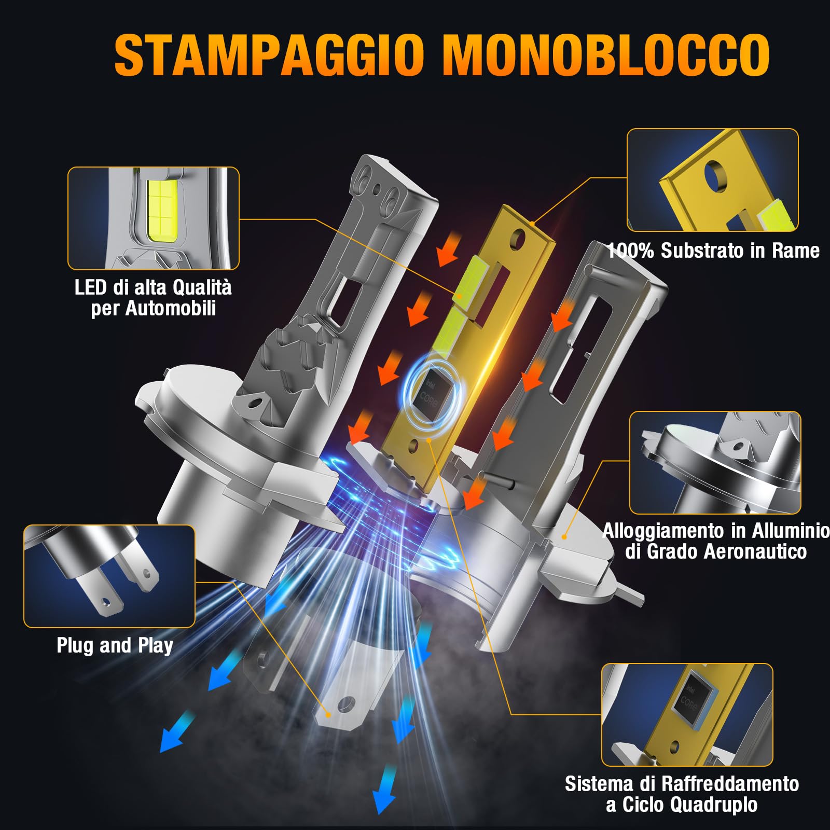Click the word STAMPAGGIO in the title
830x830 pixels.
tap(270, 54)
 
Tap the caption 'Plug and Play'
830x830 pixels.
tap(115, 646)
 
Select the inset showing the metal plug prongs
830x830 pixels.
tap(109, 576)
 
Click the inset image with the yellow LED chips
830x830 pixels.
tap(154, 218)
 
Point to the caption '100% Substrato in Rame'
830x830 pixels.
tap(713, 251)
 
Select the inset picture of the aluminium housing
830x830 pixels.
tap(715, 463)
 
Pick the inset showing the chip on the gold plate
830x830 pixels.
tap(687, 714)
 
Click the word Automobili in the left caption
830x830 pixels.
tap(171, 309)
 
